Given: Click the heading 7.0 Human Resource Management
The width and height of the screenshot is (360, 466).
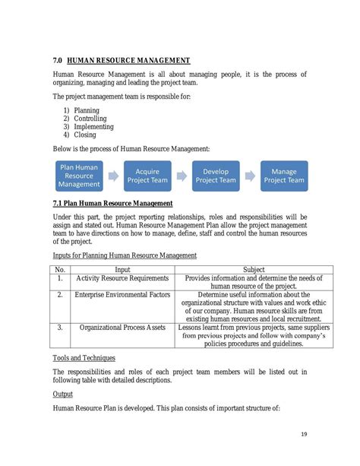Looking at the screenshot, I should tap(122, 60).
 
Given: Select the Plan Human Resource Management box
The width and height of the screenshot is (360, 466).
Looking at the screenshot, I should tap(78, 176).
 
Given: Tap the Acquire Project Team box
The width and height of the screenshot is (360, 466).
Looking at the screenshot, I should tap(147, 176).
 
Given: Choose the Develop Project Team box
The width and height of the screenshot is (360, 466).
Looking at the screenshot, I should tap(216, 176).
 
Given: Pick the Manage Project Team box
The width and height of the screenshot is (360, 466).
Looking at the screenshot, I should tap(284, 176).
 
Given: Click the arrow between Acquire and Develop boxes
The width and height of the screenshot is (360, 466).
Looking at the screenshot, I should tap(182, 176).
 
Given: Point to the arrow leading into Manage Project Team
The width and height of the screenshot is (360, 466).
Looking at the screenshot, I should tap(250, 176).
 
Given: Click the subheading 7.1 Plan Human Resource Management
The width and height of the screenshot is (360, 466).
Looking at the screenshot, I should tap(113, 203).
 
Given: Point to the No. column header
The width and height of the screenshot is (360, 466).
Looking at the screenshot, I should tap(60, 269).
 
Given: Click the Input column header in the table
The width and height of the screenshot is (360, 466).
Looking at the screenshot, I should tap(122, 269).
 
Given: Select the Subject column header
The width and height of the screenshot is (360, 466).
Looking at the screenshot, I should tap(254, 269).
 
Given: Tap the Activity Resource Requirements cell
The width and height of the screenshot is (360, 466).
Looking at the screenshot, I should tap(122, 279).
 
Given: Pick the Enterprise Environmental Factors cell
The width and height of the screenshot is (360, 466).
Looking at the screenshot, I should tap(122, 294).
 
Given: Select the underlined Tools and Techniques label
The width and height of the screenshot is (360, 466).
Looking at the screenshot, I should tap(84, 357).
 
